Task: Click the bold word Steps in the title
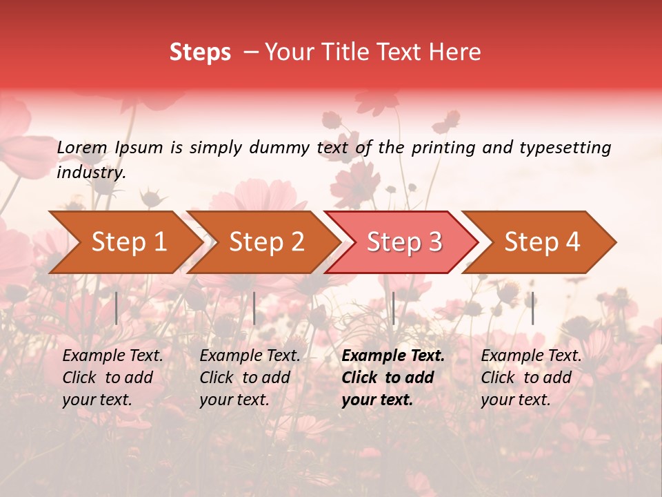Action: (x=200, y=52)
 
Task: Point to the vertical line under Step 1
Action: (x=117, y=308)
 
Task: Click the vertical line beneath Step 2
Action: (x=254, y=308)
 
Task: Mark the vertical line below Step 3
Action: (x=394, y=308)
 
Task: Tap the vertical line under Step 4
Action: (x=533, y=308)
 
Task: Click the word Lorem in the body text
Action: (x=82, y=148)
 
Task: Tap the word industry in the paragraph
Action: (x=90, y=173)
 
